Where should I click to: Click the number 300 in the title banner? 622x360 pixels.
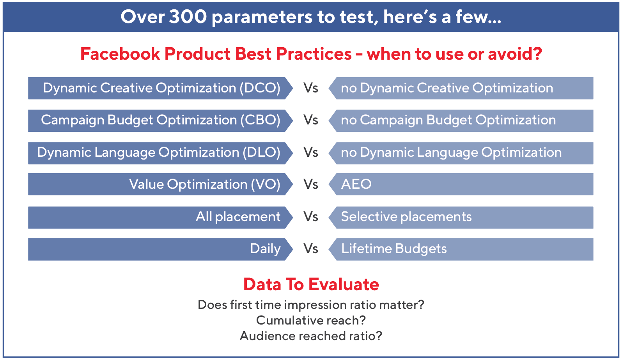click(188, 17)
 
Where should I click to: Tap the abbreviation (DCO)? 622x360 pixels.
click(260, 88)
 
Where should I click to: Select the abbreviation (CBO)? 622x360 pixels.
click(260, 120)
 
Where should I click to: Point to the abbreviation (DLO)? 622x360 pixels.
click(262, 153)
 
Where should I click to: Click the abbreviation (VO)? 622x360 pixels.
click(266, 184)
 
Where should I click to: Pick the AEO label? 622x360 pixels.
click(356, 184)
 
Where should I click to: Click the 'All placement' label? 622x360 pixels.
click(238, 217)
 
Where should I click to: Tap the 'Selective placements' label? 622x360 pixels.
click(406, 217)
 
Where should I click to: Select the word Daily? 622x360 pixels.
click(265, 249)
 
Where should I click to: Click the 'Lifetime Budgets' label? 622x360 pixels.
click(394, 249)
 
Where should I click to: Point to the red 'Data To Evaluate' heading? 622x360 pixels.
click(311, 284)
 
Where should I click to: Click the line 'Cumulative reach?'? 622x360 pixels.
click(311, 320)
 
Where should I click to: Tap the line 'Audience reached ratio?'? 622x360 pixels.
click(311, 336)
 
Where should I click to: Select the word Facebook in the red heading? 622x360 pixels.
click(120, 53)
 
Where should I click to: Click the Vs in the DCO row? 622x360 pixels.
click(311, 88)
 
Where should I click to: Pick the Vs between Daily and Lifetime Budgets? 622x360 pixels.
click(311, 249)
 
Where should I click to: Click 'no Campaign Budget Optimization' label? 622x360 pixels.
click(448, 120)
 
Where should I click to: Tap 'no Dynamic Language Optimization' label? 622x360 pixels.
click(451, 153)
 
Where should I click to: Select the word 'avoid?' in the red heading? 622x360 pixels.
click(515, 53)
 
